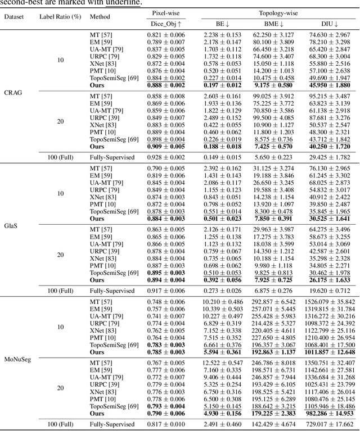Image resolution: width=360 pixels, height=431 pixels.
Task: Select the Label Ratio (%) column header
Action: point(60,16)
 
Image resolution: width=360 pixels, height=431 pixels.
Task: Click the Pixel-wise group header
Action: point(166,12)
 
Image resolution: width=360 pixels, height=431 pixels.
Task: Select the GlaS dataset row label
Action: point(12,225)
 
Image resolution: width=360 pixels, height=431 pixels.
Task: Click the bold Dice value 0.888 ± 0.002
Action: point(166,84)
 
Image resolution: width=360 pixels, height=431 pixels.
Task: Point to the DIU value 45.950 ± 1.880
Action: point(330,84)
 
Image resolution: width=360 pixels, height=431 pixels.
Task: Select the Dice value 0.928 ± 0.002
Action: point(166,157)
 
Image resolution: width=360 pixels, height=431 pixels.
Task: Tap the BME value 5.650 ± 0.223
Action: point(273,157)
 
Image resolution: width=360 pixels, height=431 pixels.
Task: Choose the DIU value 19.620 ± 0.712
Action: point(330,291)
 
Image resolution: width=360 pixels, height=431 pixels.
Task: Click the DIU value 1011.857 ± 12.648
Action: point(330,352)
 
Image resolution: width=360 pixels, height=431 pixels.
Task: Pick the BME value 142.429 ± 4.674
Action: point(273,424)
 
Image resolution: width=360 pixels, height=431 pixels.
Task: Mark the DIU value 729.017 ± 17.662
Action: point(330,424)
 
